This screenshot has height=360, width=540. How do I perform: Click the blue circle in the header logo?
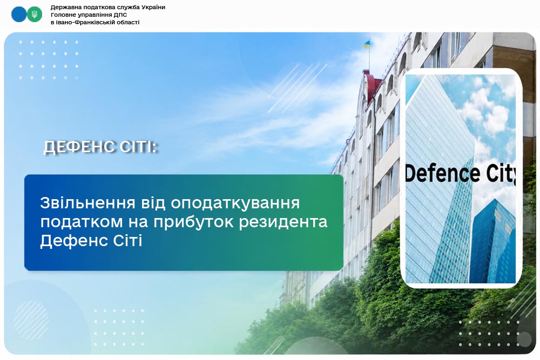(18, 15)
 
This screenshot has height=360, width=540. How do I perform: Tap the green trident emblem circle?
(35, 15)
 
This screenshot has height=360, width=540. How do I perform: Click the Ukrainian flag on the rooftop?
(367, 44)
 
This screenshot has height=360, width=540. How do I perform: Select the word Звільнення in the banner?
(87, 203)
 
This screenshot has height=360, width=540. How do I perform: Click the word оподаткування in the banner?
(235, 203)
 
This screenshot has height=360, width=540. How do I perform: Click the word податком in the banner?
(82, 222)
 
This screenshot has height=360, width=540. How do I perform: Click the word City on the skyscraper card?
(501, 174)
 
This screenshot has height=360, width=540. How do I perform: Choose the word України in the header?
(153, 7)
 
